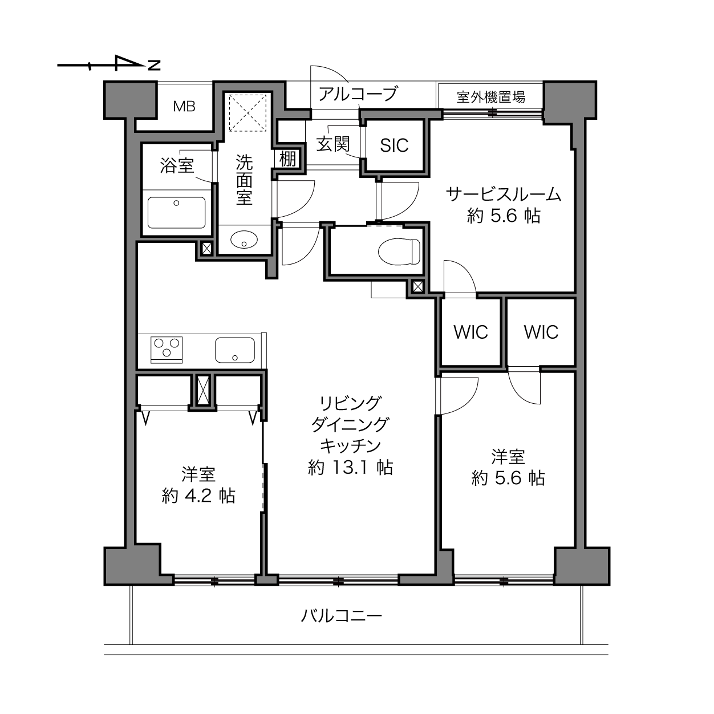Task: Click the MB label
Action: coord(184,107)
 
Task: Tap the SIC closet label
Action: coord(394,145)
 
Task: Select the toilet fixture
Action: coord(399,251)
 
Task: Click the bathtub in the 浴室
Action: coord(176,213)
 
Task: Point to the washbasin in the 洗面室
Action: coord(244,240)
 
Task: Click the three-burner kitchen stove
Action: coord(167,350)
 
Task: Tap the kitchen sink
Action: coord(235,350)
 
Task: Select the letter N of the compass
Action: coord(154,66)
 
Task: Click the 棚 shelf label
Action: coord(287,159)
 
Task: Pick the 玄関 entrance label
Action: coord(332,144)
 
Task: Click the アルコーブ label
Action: coord(358,94)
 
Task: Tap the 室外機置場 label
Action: coord(490,97)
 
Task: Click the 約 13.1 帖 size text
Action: coord(350,468)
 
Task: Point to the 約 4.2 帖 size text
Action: coord(198,496)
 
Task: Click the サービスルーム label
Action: coord(504,194)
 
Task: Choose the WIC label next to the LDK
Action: coord(470,332)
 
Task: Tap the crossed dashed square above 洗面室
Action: coord(248,113)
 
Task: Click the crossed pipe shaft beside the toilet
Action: coord(417,286)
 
